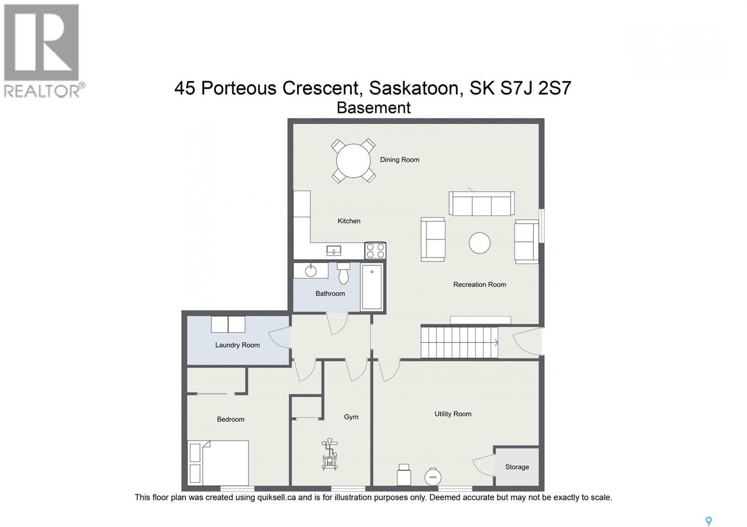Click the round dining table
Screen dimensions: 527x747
[x=353, y=161]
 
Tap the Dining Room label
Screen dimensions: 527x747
[x=399, y=159]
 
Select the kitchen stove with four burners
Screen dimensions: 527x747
[x=375, y=250]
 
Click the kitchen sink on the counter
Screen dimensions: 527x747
[x=334, y=251]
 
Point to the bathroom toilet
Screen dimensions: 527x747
[x=344, y=273]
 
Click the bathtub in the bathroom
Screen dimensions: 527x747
[x=372, y=287]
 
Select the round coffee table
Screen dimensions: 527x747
[x=479, y=243]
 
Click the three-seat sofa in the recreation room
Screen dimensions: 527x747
[x=481, y=204]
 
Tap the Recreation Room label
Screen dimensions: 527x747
[x=479, y=284]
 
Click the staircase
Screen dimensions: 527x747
[x=459, y=342]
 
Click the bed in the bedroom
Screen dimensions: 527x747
[x=218, y=463]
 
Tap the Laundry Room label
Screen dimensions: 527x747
[x=237, y=345]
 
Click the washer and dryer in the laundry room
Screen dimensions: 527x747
[x=228, y=324]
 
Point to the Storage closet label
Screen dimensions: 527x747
[x=517, y=467]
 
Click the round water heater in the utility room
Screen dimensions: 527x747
[x=433, y=476]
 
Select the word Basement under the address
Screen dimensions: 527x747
[x=373, y=108]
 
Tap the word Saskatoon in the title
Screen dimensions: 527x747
[x=414, y=88]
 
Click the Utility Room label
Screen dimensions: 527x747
[x=452, y=414]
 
